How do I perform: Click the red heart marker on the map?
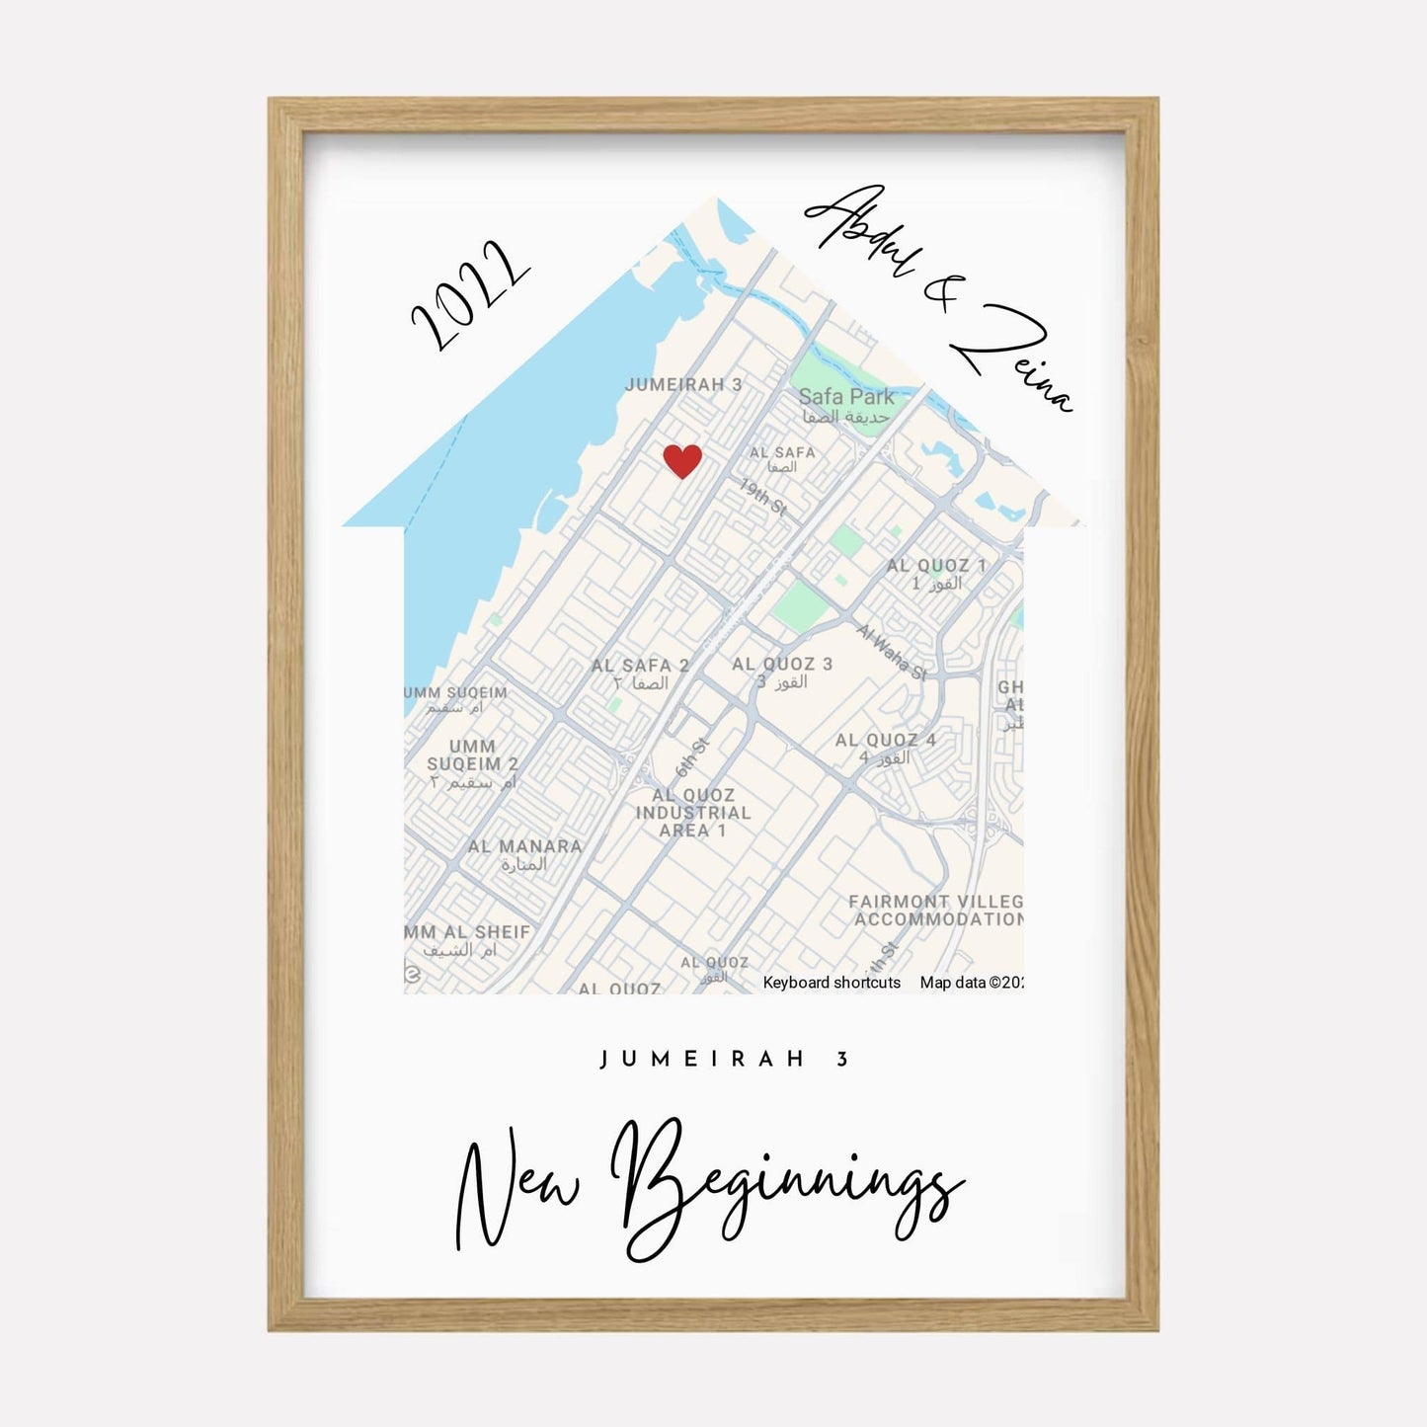[x=681, y=460]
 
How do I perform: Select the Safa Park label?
[x=846, y=397]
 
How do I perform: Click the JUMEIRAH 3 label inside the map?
[x=683, y=384]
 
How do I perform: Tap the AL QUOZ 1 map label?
[x=936, y=566]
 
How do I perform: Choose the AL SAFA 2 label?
[x=640, y=666]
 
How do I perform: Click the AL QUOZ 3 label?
[x=782, y=665]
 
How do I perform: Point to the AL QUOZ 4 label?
[x=885, y=740]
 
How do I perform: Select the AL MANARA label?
[x=524, y=846]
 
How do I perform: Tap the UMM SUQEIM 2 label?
[x=472, y=755]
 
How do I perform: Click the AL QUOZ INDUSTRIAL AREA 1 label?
[x=693, y=813]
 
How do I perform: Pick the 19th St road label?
[x=763, y=497]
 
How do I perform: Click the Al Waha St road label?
[x=892, y=651]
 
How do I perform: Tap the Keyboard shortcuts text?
[x=832, y=983]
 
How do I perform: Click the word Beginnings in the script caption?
[x=785, y=1185]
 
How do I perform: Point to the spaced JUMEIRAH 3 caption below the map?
[x=725, y=1060]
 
